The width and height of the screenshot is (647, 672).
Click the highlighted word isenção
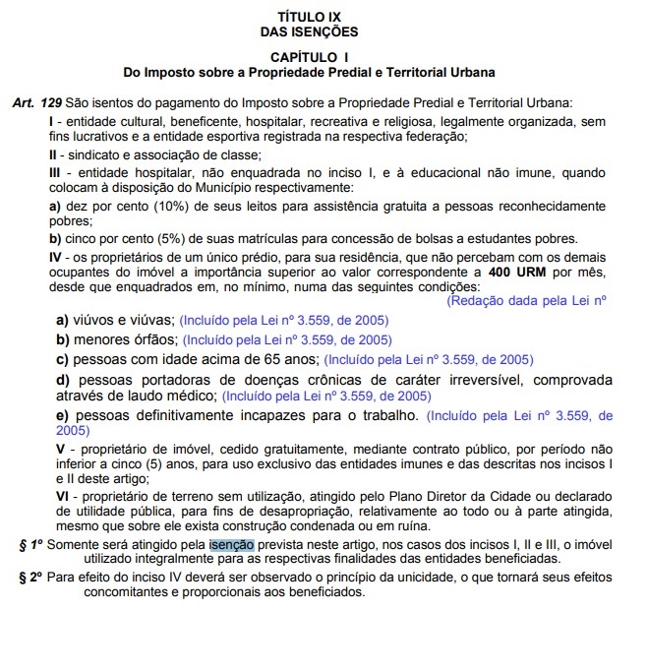(x=231, y=543)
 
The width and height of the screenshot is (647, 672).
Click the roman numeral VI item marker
(x=56, y=498)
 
